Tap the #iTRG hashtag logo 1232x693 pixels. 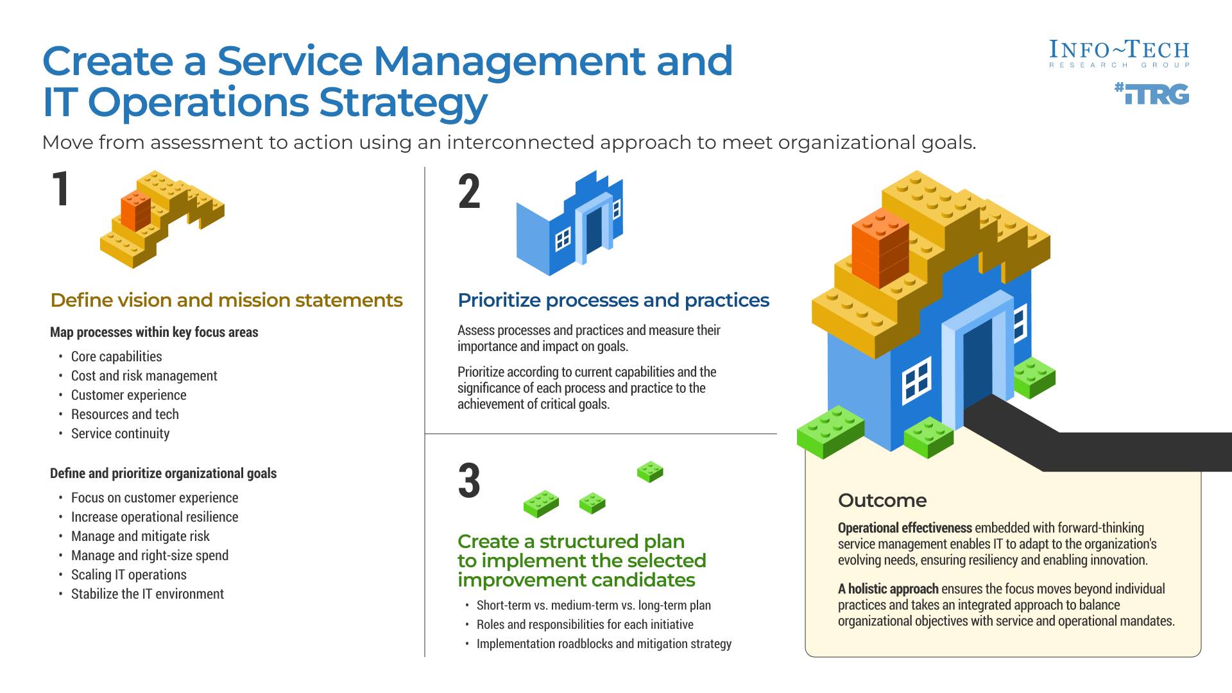1152,94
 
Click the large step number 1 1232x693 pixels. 61,190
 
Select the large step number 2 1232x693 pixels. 469,193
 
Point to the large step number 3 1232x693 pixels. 469,481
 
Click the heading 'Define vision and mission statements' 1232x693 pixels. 227,300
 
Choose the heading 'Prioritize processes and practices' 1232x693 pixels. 613,300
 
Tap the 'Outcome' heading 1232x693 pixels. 882,501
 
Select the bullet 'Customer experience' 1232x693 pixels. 128,395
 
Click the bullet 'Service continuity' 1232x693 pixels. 120,434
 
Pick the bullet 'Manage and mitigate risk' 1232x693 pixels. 140,536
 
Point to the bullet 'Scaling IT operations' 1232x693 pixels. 128,575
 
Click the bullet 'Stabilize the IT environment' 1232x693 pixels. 147,594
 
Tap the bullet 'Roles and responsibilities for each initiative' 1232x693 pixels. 585,624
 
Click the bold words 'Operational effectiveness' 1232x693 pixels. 905,528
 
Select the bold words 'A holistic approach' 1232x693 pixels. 888,589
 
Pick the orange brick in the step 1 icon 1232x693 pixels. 135,210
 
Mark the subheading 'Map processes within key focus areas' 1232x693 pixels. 154,332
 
